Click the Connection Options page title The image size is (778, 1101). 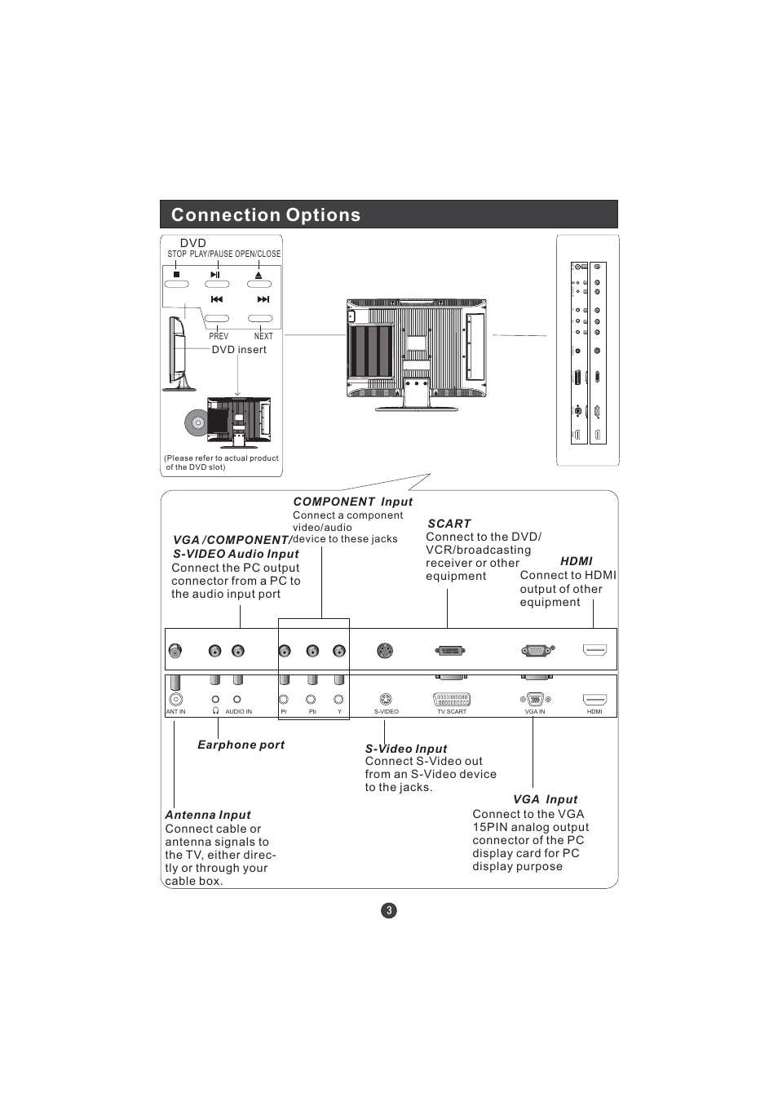tap(266, 215)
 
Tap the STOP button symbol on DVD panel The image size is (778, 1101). tap(176, 275)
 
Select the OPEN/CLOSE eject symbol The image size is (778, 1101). tap(259, 275)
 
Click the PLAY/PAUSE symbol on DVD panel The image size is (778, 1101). tap(215, 275)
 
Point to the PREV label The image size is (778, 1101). tap(219, 336)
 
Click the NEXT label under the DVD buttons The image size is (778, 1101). tap(263, 336)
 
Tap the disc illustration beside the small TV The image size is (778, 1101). tap(197, 422)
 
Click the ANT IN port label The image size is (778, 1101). tap(176, 712)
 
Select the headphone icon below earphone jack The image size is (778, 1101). tap(215, 711)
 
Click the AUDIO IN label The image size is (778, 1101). tap(238, 712)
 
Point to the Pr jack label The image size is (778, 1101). tap(284, 712)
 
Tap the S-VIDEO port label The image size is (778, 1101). tap(387, 712)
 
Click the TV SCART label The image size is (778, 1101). tap(452, 712)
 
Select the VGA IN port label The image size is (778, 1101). tap(535, 712)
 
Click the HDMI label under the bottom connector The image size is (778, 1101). tap(595, 712)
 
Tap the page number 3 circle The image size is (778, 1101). tap(389, 910)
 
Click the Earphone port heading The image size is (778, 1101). tap(241, 745)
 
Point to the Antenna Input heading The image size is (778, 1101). tap(208, 815)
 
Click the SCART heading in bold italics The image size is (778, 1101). tap(449, 524)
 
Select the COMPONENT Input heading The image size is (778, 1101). tap(352, 502)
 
